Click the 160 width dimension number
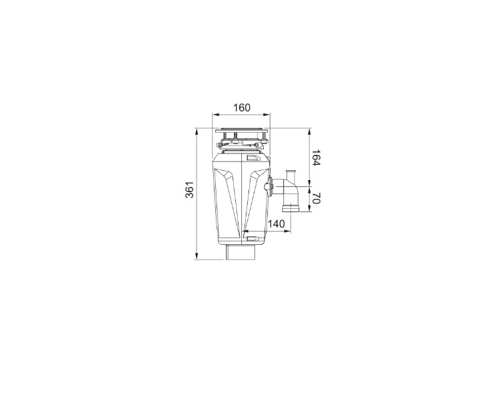[243, 108]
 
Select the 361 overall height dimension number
[189, 189]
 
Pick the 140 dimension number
[275, 223]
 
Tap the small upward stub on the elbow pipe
[289, 173]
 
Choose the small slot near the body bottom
[253, 236]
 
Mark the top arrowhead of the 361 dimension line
[197, 131]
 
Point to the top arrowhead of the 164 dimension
[308, 131]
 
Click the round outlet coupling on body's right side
[270, 186]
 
